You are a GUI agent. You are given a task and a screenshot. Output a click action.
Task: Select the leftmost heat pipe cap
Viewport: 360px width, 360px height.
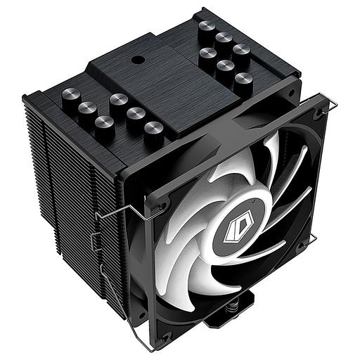tap(70, 96)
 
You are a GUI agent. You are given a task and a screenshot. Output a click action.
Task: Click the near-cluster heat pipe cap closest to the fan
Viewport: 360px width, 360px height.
tap(154, 130)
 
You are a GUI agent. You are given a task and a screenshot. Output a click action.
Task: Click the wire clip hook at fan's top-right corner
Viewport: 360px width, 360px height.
tap(331, 105)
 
